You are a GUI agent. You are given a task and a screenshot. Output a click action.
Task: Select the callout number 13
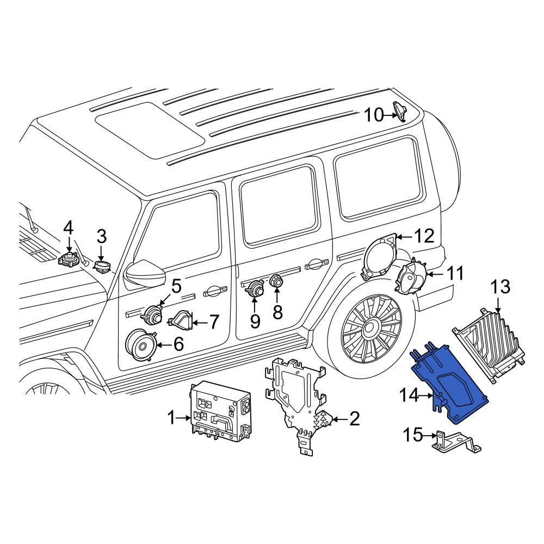coord(500,287)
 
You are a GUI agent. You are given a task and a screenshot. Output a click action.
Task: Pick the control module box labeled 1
coord(220,412)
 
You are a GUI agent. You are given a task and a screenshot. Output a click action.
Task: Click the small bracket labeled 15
coord(455,443)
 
